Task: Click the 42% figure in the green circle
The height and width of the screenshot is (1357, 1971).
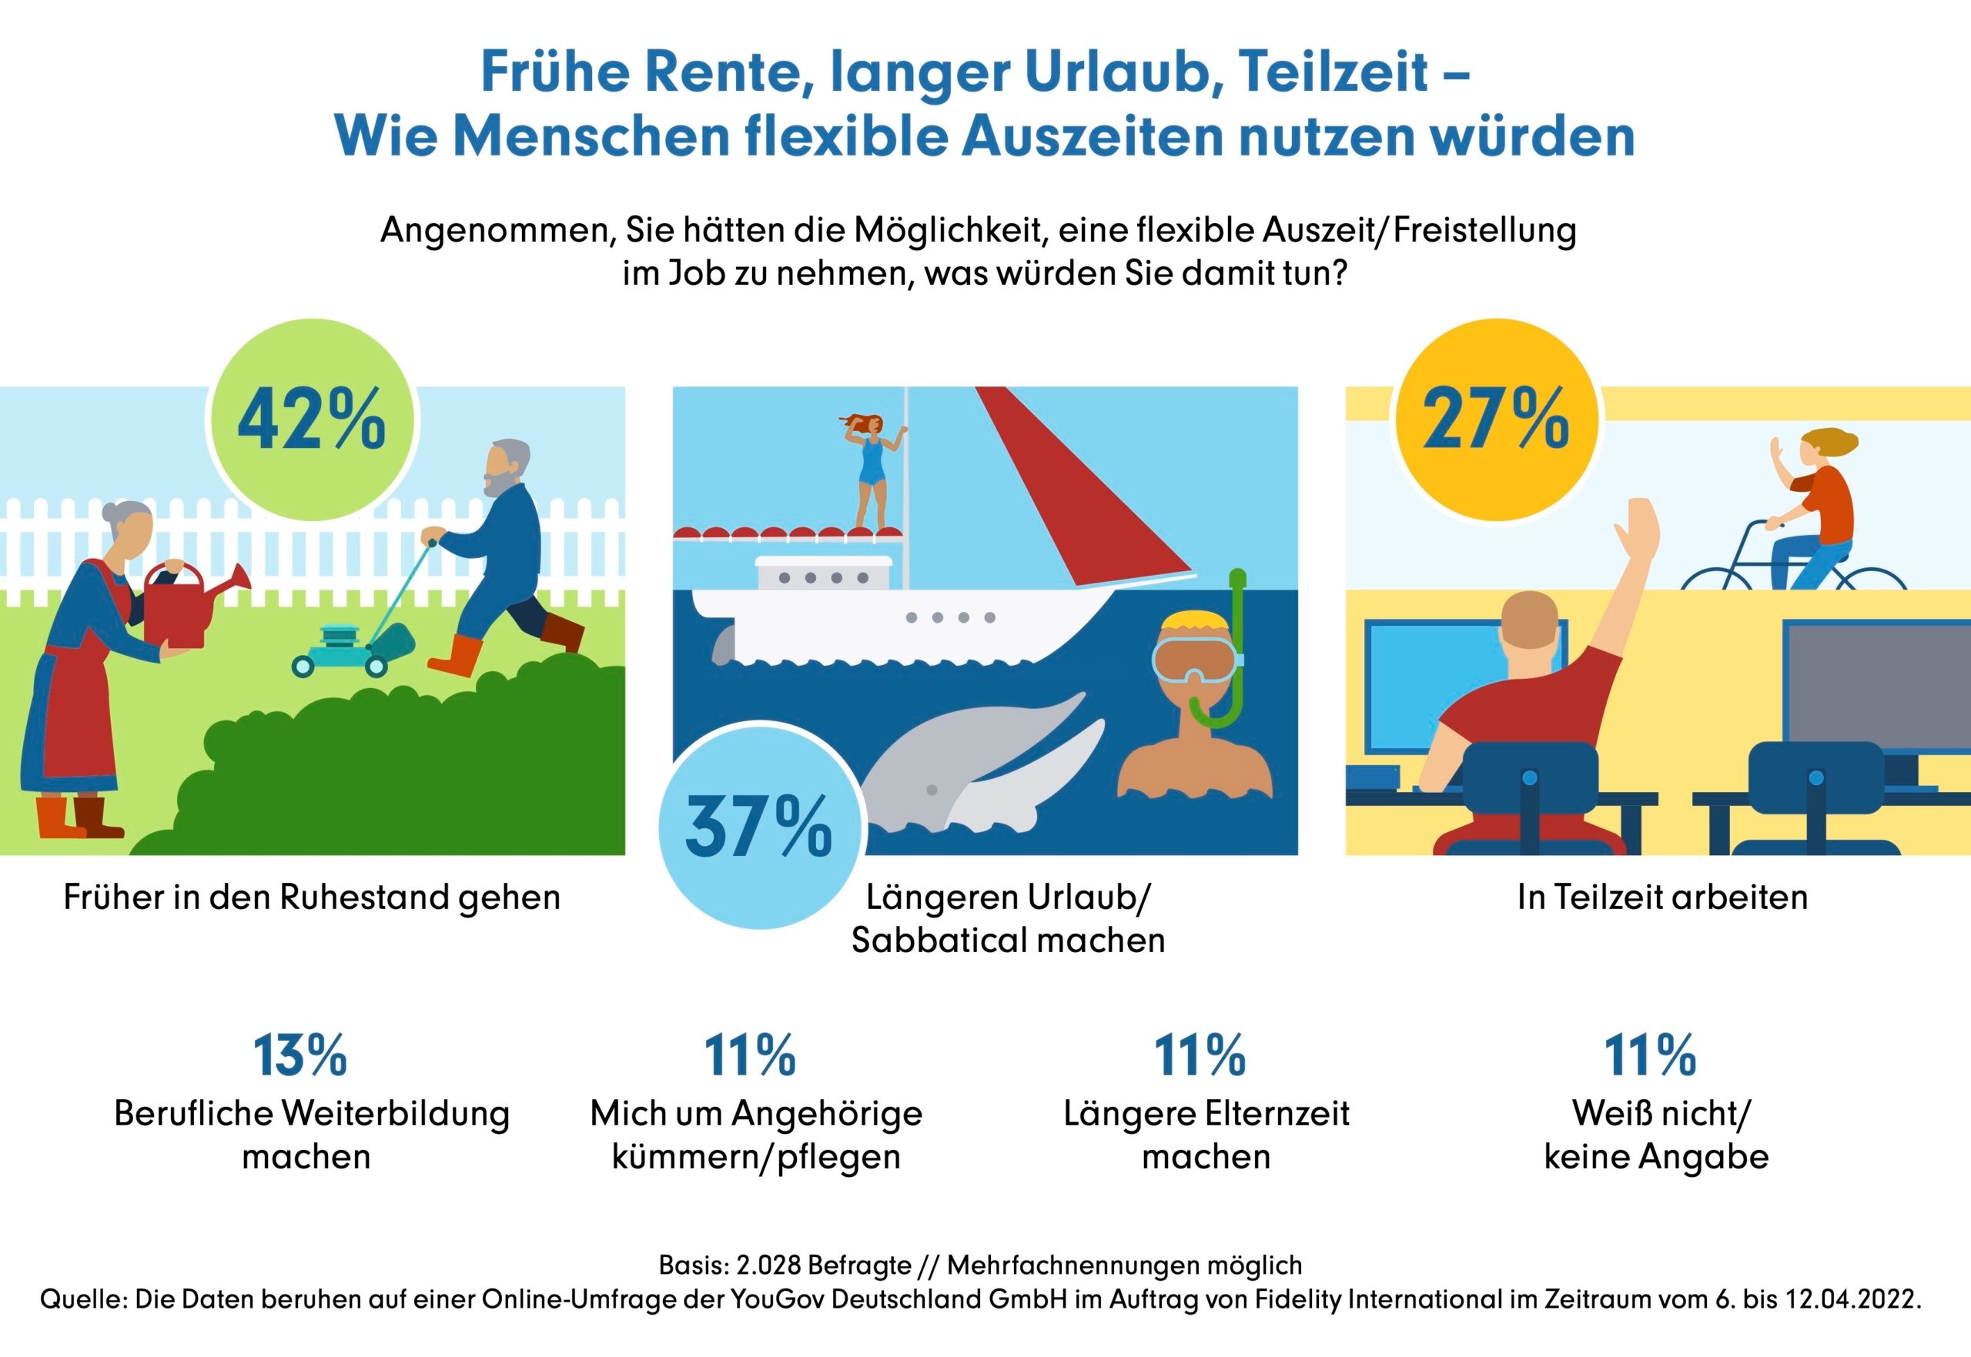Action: point(311,420)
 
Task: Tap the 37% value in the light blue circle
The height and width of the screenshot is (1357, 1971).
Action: point(758,827)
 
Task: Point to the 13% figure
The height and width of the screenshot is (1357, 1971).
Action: point(300,1056)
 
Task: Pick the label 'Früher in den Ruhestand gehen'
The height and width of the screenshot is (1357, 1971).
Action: point(312,897)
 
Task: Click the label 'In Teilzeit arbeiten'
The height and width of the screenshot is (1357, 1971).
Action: point(1662,897)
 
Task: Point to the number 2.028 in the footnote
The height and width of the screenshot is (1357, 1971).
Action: point(768,1265)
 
